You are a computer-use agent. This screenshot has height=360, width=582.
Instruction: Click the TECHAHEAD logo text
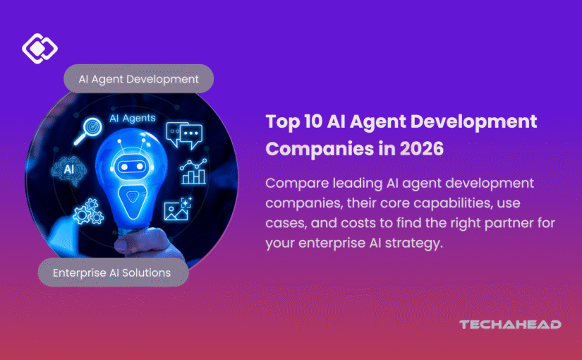tap(510, 325)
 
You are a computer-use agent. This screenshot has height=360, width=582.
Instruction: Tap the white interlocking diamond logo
tap(40, 48)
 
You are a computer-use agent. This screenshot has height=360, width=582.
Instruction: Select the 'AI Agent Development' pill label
tap(139, 79)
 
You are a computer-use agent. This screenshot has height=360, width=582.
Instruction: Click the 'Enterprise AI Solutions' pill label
tap(113, 272)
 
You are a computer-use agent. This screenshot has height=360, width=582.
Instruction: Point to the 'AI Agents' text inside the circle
tap(133, 118)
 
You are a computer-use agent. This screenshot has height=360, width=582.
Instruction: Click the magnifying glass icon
tap(87, 131)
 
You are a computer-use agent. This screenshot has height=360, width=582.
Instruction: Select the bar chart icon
tap(193, 172)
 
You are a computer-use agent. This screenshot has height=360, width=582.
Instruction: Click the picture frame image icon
tap(177, 210)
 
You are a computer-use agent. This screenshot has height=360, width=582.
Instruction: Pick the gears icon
tap(88, 211)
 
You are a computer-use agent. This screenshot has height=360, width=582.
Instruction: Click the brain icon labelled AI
tap(69, 170)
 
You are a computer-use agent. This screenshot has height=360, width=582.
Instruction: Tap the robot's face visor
tap(132, 167)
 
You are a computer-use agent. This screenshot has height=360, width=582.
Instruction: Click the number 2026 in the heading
tap(422, 149)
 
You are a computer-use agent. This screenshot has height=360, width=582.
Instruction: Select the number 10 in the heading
tap(313, 121)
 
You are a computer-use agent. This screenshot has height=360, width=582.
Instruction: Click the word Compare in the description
tap(297, 184)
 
